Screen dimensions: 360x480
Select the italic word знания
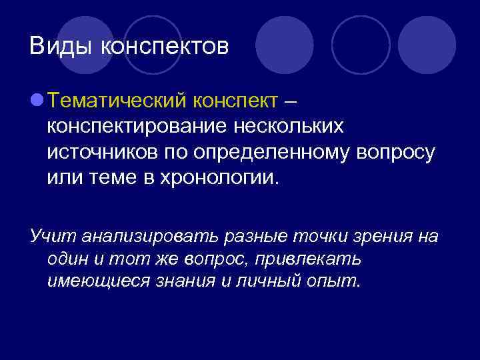point(186,281)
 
